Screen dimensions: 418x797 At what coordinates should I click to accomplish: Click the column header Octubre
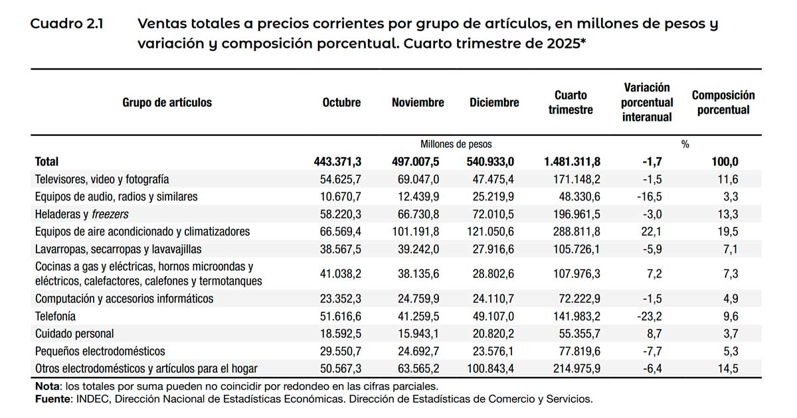341,103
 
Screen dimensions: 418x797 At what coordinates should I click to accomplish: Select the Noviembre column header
418,103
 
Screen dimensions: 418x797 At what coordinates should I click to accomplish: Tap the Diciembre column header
494,103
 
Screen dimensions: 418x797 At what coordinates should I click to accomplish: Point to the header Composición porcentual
723,103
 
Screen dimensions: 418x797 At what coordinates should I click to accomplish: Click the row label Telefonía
55,316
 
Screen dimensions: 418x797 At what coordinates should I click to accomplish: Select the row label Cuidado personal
74,334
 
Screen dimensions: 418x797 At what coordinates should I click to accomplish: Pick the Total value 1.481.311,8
572,161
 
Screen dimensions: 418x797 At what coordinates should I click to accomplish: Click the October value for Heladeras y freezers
339,214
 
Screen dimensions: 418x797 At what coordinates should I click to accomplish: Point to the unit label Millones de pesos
456,144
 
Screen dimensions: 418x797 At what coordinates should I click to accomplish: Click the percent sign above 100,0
685,144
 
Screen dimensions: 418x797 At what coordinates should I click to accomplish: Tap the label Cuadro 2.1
66,25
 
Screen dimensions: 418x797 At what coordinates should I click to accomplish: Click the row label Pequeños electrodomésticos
100,351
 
